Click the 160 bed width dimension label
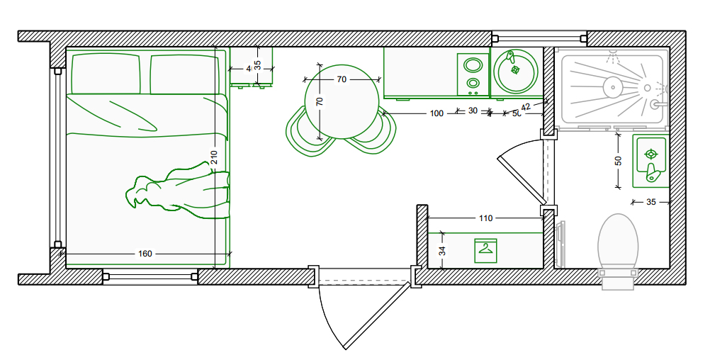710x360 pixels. point(145,253)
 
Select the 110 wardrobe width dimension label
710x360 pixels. point(485,218)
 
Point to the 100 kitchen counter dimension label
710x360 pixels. point(436,113)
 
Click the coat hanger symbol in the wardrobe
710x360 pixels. point(485,250)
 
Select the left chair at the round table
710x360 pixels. point(303,133)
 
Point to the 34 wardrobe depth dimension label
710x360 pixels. point(442,250)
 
